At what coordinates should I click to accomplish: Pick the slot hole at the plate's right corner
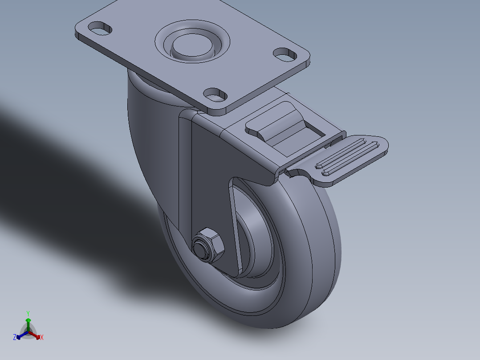click(x=285, y=55)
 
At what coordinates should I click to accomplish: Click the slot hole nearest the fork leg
click(x=216, y=94)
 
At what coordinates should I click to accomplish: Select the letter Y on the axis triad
click(x=28, y=313)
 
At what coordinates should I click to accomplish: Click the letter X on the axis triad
click(x=42, y=338)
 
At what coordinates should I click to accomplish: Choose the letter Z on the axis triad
click(x=15, y=338)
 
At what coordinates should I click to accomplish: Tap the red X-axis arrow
click(x=37, y=335)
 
